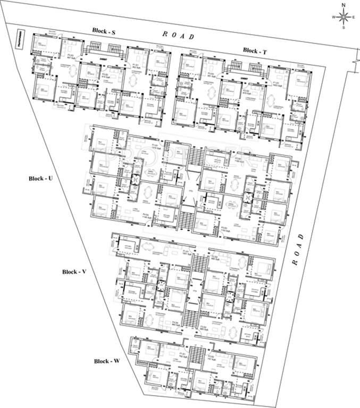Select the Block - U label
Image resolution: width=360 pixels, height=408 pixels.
pyautogui.click(x=41, y=178)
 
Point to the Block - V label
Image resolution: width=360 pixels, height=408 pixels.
pyautogui.click(x=74, y=271)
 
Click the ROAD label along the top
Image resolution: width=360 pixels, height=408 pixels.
pyautogui.click(x=178, y=35)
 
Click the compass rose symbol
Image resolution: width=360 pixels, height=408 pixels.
pyautogui.click(x=344, y=16)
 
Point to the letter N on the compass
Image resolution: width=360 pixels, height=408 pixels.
pyautogui.click(x=344, y=5)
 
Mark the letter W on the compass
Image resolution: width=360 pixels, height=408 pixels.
pyautogui.click(x=333, y=17)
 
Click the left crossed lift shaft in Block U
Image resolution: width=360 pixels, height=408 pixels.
pyautogui.click(x=135, y=180)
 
